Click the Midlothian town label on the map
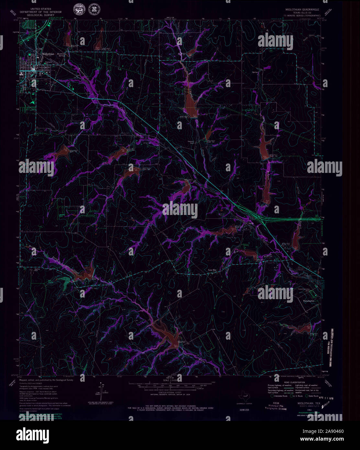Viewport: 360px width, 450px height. [x=48, y=54]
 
